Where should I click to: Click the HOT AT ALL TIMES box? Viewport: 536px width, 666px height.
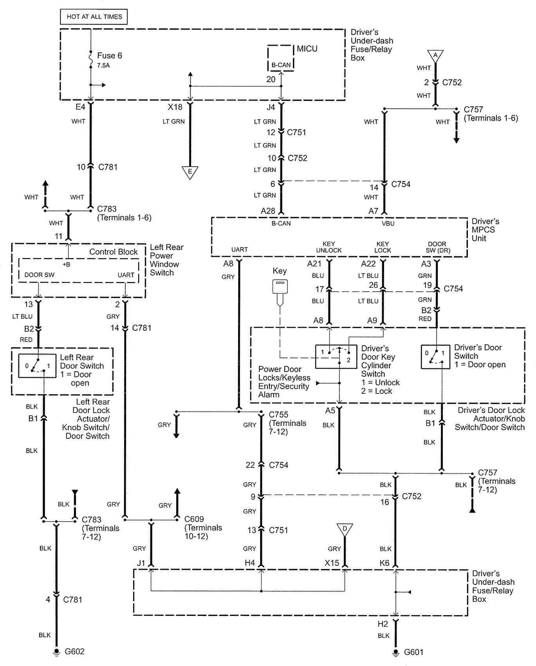pyautogui.click(x=94, y=17)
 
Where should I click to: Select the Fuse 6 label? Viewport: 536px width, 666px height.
pyautogui.click(x=109, y=56)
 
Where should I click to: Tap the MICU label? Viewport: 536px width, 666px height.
pyautogui.click(x=307, y=49)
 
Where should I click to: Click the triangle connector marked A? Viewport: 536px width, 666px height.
pyautogui.click(x=435, y=55)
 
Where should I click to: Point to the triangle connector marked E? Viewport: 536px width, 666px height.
pyautogui.click(x=190, y=172)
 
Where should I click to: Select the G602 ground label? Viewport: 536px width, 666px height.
pyautogui.click(x=74, y=652)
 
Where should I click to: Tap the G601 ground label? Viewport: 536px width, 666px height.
pyautogui.click(x=413, y=652)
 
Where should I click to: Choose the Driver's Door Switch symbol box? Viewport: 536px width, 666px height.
pyautogui.click(x=435, y=357)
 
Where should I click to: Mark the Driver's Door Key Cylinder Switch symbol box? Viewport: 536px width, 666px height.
pyautogui.click(x=336, y=356)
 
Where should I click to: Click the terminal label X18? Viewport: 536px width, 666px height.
pyautogui.click(x=175, y=107)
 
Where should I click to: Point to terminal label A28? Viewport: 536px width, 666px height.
pyautogui.click(x=268, y=211)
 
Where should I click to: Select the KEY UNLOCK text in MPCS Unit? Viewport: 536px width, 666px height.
pyautogui.click(x=329, y=247)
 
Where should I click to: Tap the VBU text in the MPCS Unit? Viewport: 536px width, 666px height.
pyautogui.click(x=388, y=224)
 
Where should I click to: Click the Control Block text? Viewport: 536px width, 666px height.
pyautogui.click(x=113, y=252)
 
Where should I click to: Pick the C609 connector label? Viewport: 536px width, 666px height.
pyautogui.click(x=194, y=519)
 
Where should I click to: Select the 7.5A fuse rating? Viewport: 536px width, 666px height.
pyautogui.click(x=103, y=66)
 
